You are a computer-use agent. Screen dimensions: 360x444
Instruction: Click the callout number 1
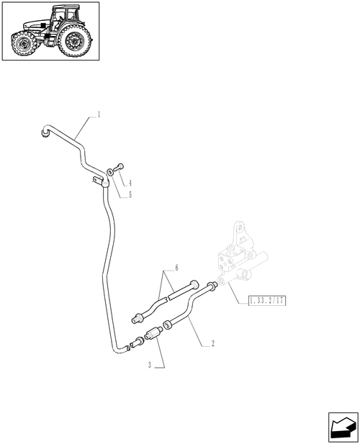coord(99,114)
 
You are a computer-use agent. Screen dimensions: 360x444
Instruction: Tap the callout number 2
coord(212,343)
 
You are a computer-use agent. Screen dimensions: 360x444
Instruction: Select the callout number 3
coord(150,366)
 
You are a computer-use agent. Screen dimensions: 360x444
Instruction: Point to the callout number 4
coord(130,184)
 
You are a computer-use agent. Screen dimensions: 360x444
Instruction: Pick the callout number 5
coord(130,195)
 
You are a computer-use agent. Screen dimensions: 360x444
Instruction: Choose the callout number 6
coord(176,268)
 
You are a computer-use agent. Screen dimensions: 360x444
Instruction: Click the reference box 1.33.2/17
coord(267,300)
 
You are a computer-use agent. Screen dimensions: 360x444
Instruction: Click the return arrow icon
coord(343,427)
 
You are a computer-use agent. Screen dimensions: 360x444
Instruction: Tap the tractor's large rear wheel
coord(74,40)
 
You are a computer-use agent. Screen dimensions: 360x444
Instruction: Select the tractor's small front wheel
coord(23,45)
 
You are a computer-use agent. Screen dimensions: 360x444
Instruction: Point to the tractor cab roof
coord(66,6)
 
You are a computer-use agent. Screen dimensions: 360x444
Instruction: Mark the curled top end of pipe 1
coord(45,132)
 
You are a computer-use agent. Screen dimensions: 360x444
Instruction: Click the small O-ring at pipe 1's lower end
coord(132,345)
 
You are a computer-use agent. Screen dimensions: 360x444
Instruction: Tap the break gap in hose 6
coord(167,298)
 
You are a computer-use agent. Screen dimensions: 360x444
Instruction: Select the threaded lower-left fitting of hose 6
coord(138,318)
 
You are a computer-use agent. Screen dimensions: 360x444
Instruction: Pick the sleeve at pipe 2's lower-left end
coord(168,325)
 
